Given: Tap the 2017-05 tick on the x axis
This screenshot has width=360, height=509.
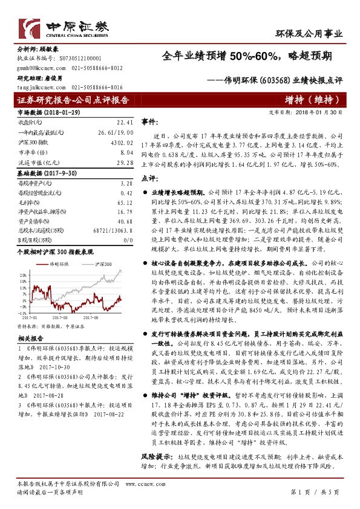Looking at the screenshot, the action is (x=59, y=315).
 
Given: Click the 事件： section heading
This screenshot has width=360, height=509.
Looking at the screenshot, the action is (x=149, y=122).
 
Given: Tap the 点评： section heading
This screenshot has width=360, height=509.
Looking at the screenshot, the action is (x=149, y=178).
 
